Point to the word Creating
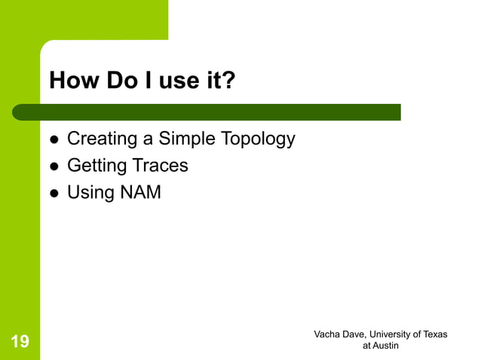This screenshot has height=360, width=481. coord(99,139)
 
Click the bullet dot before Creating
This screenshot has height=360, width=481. coord(54,140)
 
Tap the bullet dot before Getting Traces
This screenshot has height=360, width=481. coord(54,166)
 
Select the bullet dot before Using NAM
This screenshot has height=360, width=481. coord(54,194)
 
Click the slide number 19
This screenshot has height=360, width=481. coord(20,343)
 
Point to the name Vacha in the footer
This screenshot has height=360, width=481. coord(328,334)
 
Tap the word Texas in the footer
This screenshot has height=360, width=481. coord(434,334)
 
